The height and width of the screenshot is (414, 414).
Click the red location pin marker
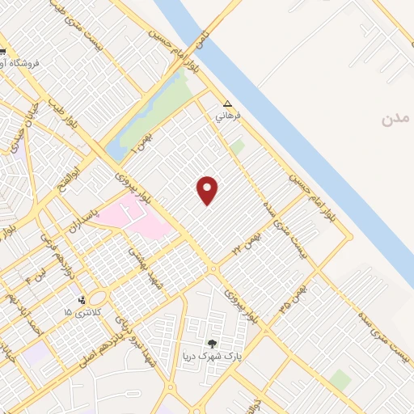coord(208,190)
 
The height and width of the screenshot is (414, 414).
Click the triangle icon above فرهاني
coord(227,103)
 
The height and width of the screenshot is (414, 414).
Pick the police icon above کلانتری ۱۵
coord(81,300)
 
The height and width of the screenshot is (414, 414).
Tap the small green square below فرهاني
coord(236,147)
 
